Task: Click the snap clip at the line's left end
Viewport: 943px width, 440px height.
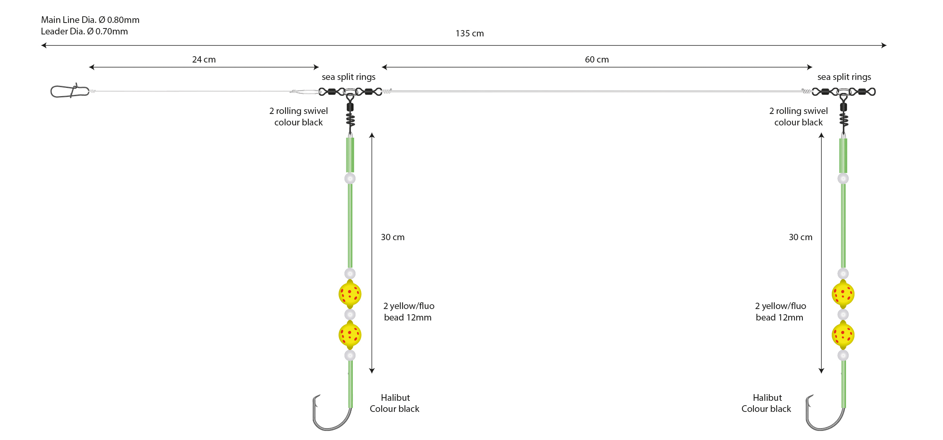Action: (70, 91)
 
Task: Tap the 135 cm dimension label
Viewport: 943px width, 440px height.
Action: (470, 34)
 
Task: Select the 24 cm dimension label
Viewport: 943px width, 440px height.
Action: (204, 60)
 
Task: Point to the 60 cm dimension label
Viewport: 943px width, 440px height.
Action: (597, 60)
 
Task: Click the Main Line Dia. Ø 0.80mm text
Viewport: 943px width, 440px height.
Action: (90, 20)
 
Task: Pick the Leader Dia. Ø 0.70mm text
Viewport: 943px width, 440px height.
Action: (84, 31)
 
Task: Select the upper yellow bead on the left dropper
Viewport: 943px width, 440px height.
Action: (350, 294)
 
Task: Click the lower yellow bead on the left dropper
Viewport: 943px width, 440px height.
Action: (350, 335)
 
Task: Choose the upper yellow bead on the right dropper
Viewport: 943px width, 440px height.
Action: (843, 294)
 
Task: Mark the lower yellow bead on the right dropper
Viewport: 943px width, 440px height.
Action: (843, 335)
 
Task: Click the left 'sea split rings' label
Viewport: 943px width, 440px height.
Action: (348, 77)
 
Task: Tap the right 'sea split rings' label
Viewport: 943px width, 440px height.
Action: (844, 77)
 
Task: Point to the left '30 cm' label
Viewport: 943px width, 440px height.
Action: (393, 237)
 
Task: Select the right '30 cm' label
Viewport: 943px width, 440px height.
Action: (800, 237)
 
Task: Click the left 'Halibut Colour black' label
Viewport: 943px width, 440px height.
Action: (395, 403)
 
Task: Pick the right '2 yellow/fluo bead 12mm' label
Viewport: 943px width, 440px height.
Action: (780, 312)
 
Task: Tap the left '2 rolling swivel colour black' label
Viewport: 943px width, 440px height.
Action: (298, 117)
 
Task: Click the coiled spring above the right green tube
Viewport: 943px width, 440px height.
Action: (844, 119)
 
